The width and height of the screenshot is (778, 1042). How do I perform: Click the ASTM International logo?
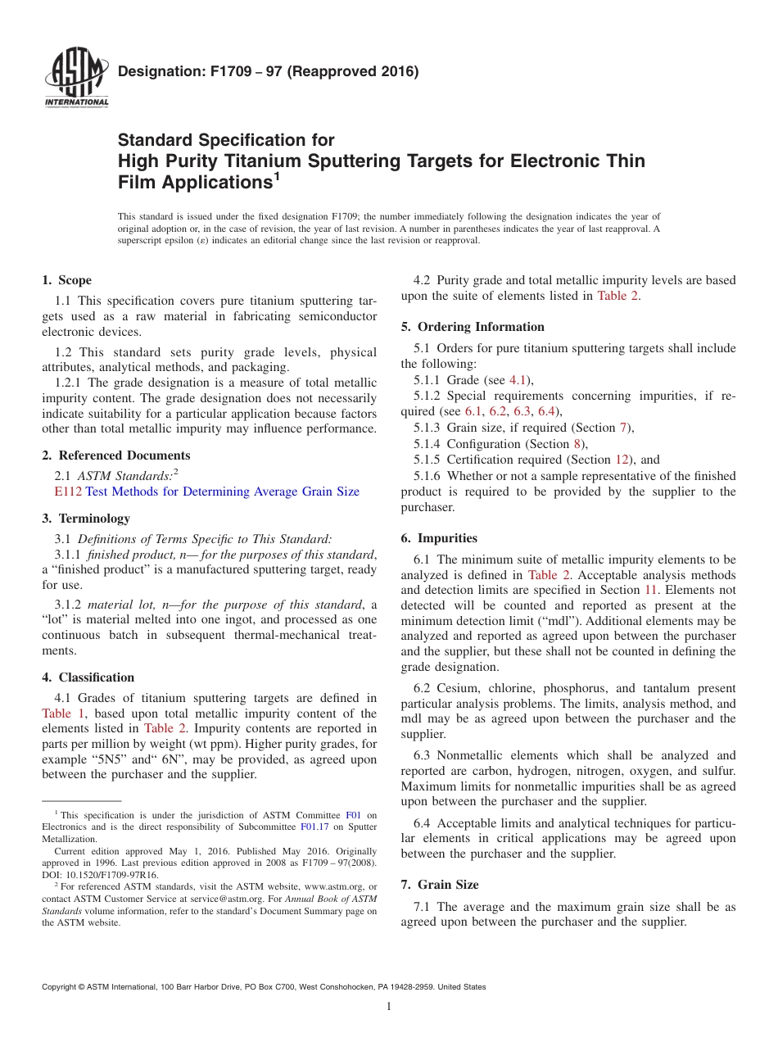point(76,79)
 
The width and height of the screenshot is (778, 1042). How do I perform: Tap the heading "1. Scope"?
point(67,280)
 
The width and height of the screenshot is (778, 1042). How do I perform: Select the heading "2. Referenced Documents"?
point(116,455)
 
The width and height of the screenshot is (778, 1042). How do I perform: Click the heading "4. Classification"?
point(88,677)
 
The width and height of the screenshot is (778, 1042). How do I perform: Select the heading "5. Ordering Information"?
point(473,327)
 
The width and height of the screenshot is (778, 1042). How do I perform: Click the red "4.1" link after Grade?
point(518,380)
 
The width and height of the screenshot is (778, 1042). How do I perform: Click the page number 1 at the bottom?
point(389,1007)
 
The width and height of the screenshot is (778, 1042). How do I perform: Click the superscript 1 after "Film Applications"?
point(277,175)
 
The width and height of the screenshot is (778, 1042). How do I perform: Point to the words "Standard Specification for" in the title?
point(226,140)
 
